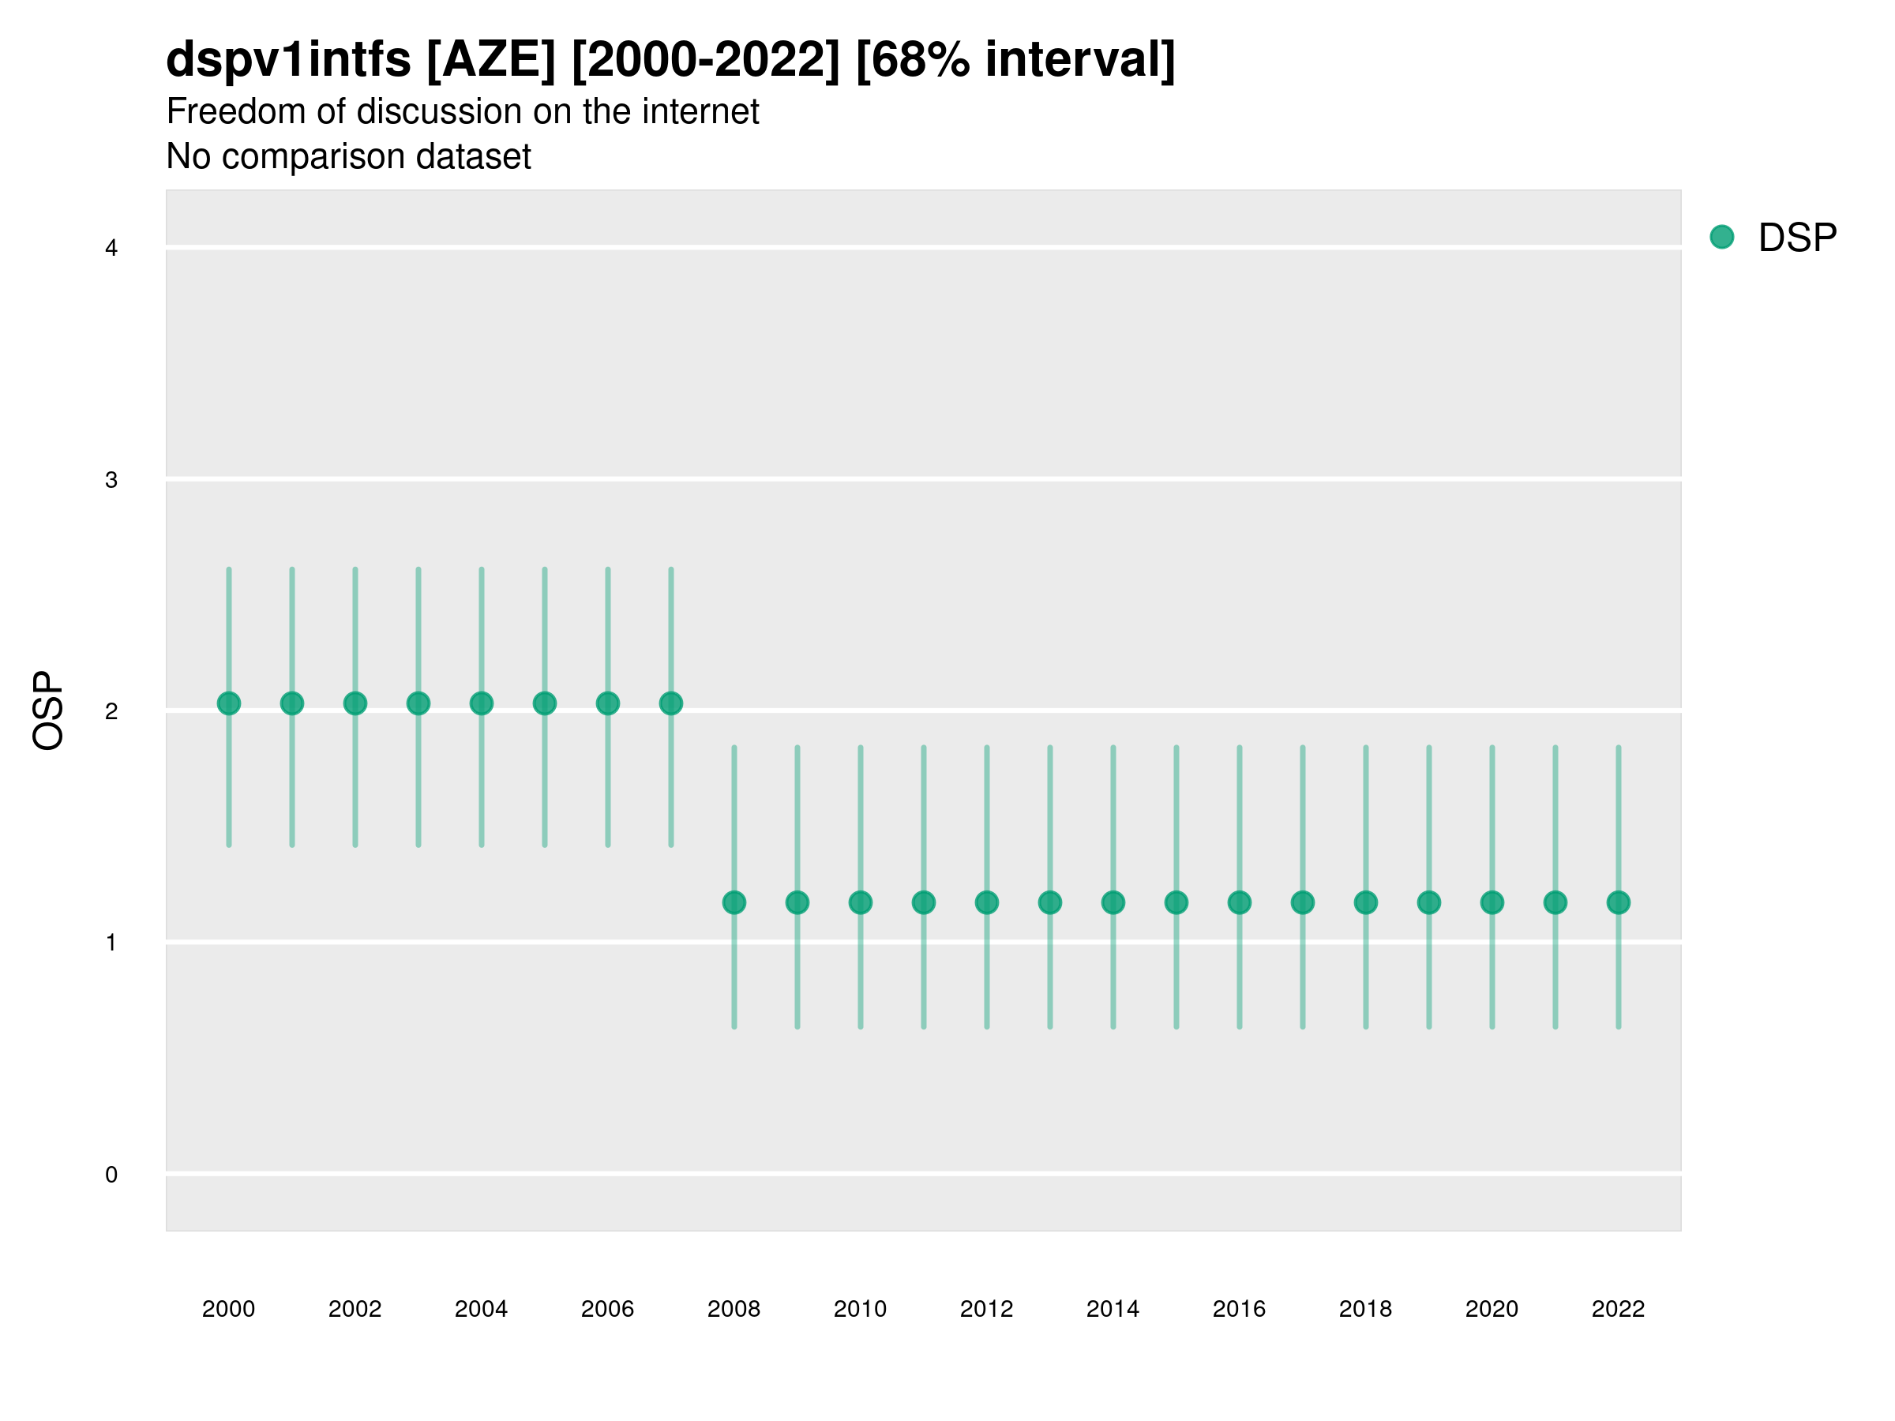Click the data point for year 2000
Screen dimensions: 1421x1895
click(229, 703)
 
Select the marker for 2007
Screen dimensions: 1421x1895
click(671, 703)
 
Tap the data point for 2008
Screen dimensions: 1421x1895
click(734, 902)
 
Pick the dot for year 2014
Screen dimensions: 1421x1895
click(1113, 902)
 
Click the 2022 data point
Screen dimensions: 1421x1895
click(1619, 902)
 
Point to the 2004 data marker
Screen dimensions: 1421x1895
click(482, 703)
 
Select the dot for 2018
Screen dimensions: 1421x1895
click(1365, 902)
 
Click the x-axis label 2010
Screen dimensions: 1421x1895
click(860, 1309)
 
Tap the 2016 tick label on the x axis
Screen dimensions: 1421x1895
click(1239, 1309)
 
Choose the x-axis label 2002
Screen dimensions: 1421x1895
click(355, 1309)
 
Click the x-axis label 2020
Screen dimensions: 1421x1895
click(1492, 1309)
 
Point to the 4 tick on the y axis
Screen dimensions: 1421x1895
click(111, 249)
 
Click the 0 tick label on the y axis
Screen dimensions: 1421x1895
click(111, 1175)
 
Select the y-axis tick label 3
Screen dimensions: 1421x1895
click(111, 480)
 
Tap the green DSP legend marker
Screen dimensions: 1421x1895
click(1722, 236)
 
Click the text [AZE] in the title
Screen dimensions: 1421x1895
click(491, 60)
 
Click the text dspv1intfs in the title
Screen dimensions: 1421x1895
click(289, 60)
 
